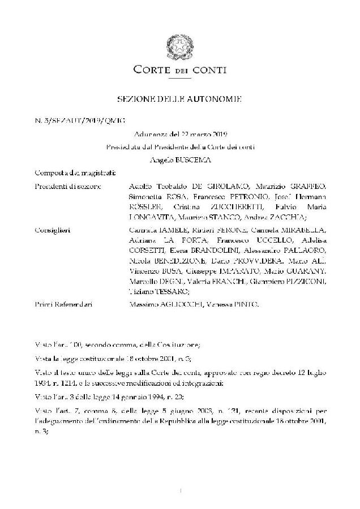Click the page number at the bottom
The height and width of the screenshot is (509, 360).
click(180, 491)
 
